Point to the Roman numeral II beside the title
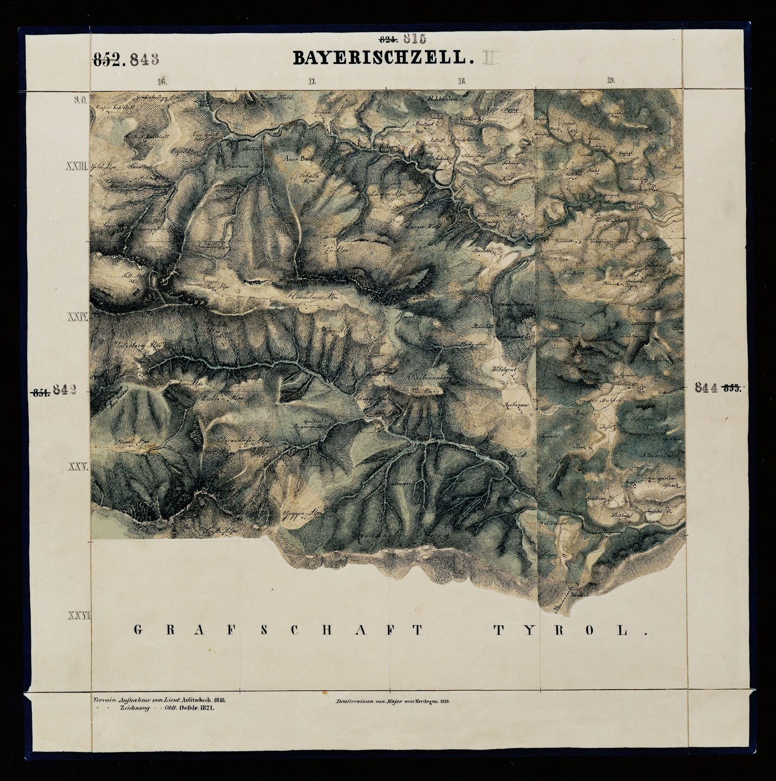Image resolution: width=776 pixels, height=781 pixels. point(489,57)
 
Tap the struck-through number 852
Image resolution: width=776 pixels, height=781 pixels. point(107,59)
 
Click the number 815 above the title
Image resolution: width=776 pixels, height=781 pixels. point(414,39)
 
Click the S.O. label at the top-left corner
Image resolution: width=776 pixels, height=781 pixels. point(78,100)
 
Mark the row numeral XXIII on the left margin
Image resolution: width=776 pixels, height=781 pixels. point(77,166)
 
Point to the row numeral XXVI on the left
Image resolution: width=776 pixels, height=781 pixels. point(78,616)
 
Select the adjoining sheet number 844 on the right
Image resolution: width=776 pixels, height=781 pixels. point(707,387)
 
